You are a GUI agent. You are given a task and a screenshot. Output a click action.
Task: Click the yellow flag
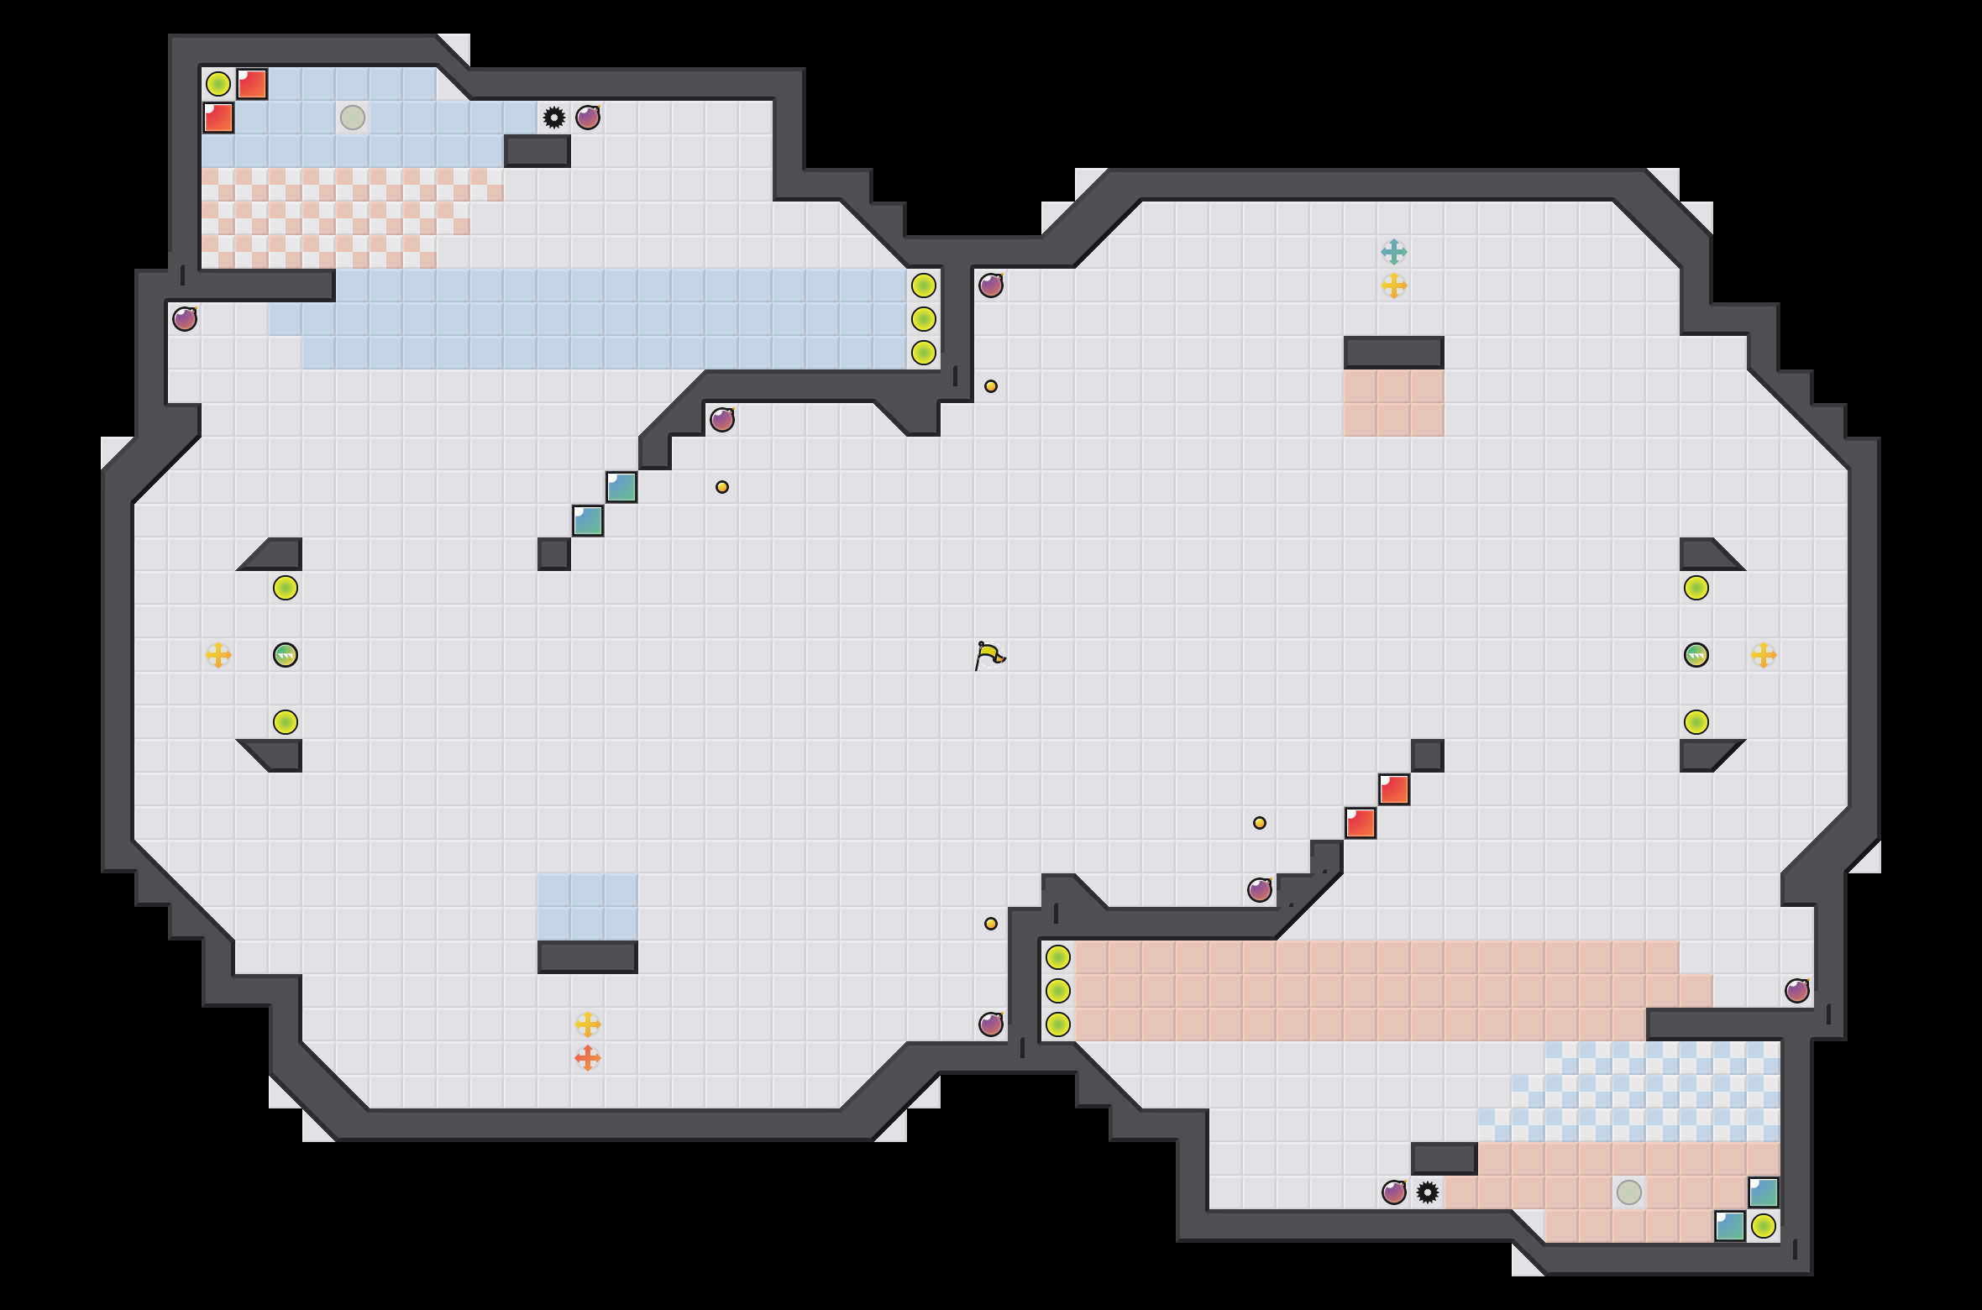point(989,655)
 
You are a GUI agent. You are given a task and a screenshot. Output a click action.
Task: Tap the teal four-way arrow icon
point(1394,251)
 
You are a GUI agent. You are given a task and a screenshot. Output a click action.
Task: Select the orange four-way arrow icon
point(588,1057)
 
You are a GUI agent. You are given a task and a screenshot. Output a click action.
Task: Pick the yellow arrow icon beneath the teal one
point(1394,286)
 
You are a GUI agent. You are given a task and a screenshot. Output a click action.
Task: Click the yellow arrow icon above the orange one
point(588,1024)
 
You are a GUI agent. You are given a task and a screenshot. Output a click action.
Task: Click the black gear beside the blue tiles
point(554,118)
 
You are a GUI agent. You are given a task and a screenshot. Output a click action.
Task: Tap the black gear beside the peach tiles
point(1428,1192)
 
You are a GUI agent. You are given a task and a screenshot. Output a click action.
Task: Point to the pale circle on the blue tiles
point(353,118)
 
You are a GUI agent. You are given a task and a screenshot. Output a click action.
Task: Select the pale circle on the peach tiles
point(1629,1192)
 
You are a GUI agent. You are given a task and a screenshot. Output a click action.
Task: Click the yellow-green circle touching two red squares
point(218,84)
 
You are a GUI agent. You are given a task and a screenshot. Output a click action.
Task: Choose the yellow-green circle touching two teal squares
point(1764,1226)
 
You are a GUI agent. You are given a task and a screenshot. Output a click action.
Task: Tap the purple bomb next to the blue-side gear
point(588,118)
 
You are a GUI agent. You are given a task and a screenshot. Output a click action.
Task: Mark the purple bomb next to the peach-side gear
point(1394,1192)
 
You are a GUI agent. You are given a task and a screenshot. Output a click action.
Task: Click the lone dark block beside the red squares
point(1428,756)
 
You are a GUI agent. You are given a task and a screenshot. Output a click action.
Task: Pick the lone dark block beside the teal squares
point(554,554)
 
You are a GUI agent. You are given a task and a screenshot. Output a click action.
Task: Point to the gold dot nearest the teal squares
point(722,487)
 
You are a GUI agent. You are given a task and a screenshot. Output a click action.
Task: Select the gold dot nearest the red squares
point(1260,823)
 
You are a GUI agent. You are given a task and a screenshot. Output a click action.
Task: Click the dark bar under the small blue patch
point(588,957)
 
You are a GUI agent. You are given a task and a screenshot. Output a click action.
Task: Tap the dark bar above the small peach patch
point(1394,353)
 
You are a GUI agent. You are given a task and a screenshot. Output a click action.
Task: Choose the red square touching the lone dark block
point(1394,789)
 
